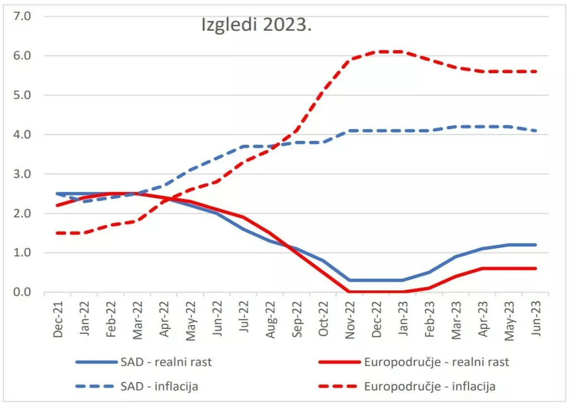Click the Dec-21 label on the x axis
[x=58, y=320]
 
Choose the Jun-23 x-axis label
[x=536, y=320]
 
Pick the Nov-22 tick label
[x=350, y=320]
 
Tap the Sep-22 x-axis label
[x=297, y=320]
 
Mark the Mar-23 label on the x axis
[x=457, y=320]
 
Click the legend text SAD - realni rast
[x=166, y=362]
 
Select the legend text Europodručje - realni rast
[x=436, y=362]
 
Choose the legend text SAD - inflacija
[x=159, y=385]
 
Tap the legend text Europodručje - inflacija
[x=429, y=385]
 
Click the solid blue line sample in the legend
[x=95, y=362]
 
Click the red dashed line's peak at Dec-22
[x=377, y=51]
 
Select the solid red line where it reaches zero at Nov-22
[x=350, y=292]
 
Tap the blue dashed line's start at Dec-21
[x=58, y=194]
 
